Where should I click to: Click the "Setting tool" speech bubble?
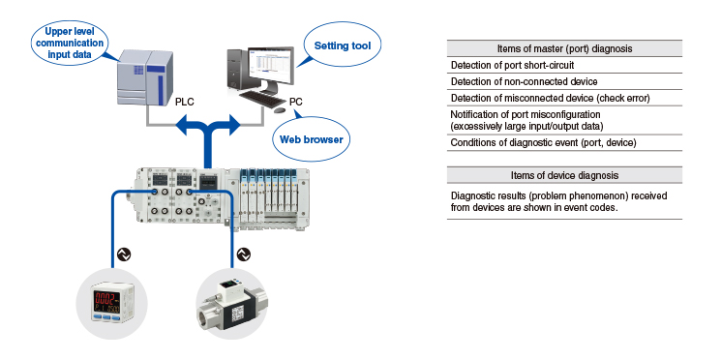tap(342, 45)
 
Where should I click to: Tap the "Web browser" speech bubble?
tap(312, 138)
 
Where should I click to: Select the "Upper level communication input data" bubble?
tap(70, 43)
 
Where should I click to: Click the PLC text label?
tap(185, 102)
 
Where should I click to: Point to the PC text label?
tap(296, 102)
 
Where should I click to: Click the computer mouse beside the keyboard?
tap(279, 110)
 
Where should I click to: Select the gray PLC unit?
tap(145, 77)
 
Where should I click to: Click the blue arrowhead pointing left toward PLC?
tap(183, 124)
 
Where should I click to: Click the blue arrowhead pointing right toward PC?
tap(233, 124)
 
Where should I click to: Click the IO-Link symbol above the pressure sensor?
tap(124, 254)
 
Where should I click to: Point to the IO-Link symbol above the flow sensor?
tap(243, 254)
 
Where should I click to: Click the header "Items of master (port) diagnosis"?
tap(564, 48)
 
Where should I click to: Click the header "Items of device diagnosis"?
tap(564, 175)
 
